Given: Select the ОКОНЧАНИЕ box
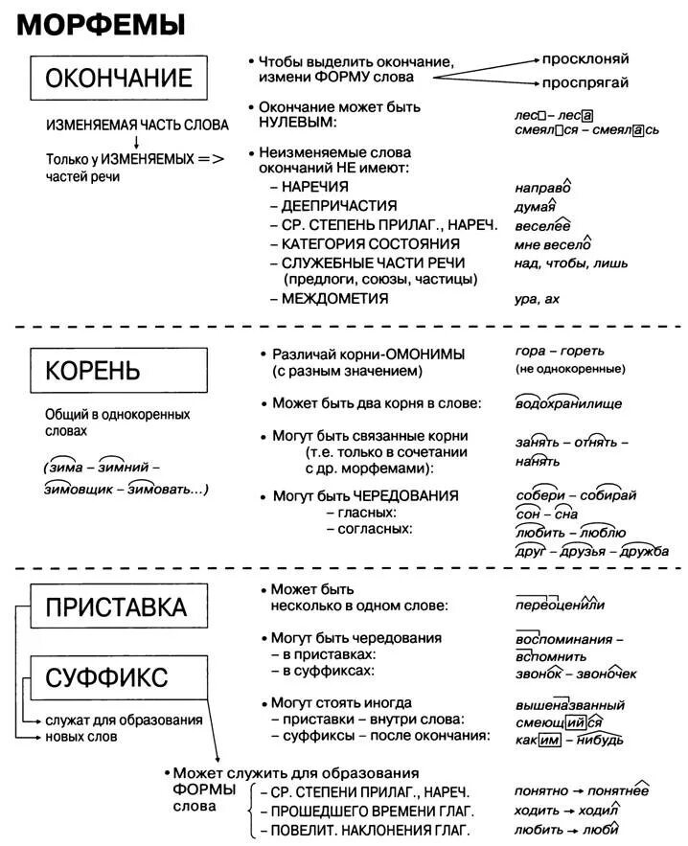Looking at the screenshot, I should (x=119, y=77).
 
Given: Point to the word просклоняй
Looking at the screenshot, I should (x=585, y=58).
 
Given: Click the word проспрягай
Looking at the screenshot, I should (x=585, y=82).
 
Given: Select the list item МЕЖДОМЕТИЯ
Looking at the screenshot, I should (x=335, y=298).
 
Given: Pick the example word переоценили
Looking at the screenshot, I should (x=560, y=605).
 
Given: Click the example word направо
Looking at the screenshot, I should (x=542, y=188).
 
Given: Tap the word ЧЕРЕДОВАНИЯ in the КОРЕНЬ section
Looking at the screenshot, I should (x=406, y=495).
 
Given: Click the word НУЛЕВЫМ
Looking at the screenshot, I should (x=297, y=123).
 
